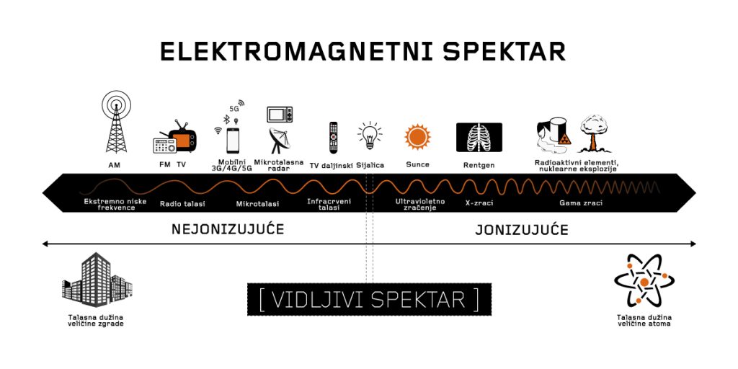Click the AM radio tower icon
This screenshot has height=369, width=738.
[x=116, y=122]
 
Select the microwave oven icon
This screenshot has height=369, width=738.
[x=280, y=115]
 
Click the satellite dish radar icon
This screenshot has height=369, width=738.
[x=280, y=141]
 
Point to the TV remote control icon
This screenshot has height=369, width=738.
[x=333, y=138]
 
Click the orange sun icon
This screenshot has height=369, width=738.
[x=417, y=136]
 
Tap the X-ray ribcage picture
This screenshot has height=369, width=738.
[x=479, y=137]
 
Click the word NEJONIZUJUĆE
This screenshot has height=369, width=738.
[x=228, y=230]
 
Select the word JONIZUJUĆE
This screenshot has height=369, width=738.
[x=522, y=230]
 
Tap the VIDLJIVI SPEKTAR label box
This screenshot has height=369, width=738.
[x=370, y=299]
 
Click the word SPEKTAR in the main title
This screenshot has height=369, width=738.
[x=504, y=51]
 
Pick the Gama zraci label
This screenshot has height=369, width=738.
[x=581, y=203]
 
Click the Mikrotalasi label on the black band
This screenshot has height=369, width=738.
[x=257, y=204]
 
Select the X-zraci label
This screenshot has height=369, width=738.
[x=476, y=203]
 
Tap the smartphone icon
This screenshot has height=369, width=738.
[x=233, y=141]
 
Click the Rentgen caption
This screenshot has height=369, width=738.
[x=479, y=166]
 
